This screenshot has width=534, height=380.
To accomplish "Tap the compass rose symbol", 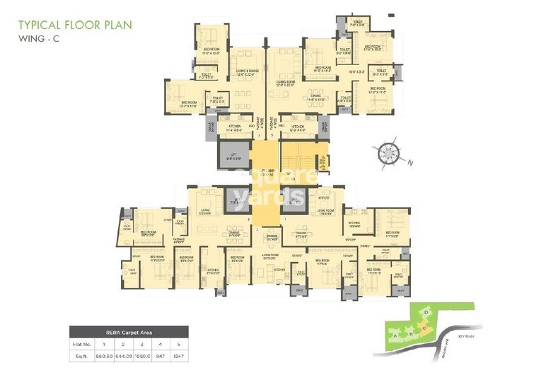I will point(388,154).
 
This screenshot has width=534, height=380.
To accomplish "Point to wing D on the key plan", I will point(425,312).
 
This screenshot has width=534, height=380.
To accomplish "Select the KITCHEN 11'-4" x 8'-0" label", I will point(234,128).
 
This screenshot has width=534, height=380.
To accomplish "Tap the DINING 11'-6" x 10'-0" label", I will point(315,98).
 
